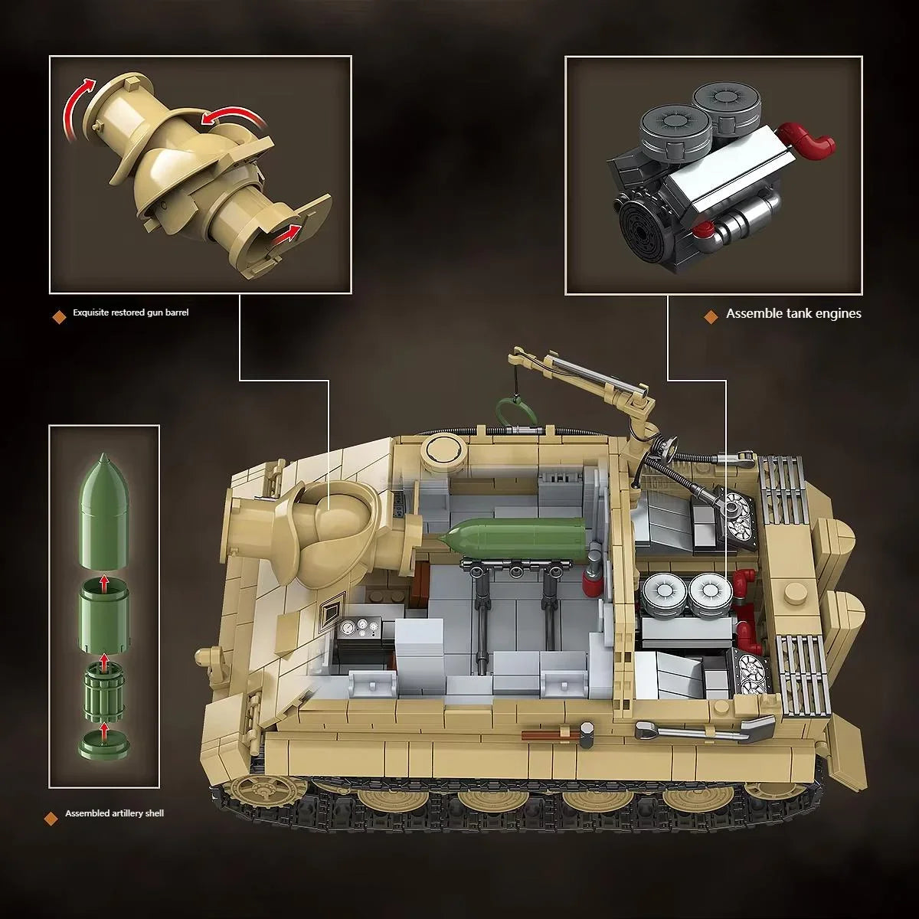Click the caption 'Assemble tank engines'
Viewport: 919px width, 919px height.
(x=793, y=313)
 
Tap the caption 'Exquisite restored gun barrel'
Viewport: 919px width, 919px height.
(x=130, y=312)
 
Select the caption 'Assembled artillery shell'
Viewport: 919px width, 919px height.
(x=114, y=813)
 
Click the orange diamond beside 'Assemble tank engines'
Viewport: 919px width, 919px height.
(x=711, y=315)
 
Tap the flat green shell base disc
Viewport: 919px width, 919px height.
(x=104, y=742)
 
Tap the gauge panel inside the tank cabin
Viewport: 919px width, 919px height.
(x=358, y=628)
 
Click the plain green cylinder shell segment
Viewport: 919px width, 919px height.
(x=104, y=605)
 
